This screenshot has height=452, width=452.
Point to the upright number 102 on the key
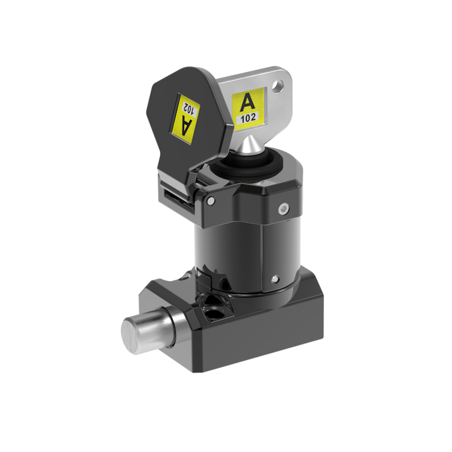click(x=248, y=118)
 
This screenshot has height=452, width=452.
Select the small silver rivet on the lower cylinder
click(x=275, y=279)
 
